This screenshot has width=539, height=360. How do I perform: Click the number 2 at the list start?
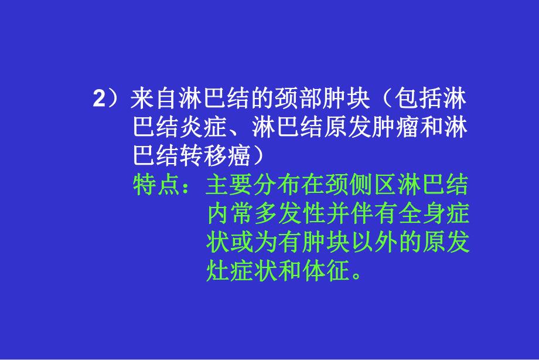[98, 99]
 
